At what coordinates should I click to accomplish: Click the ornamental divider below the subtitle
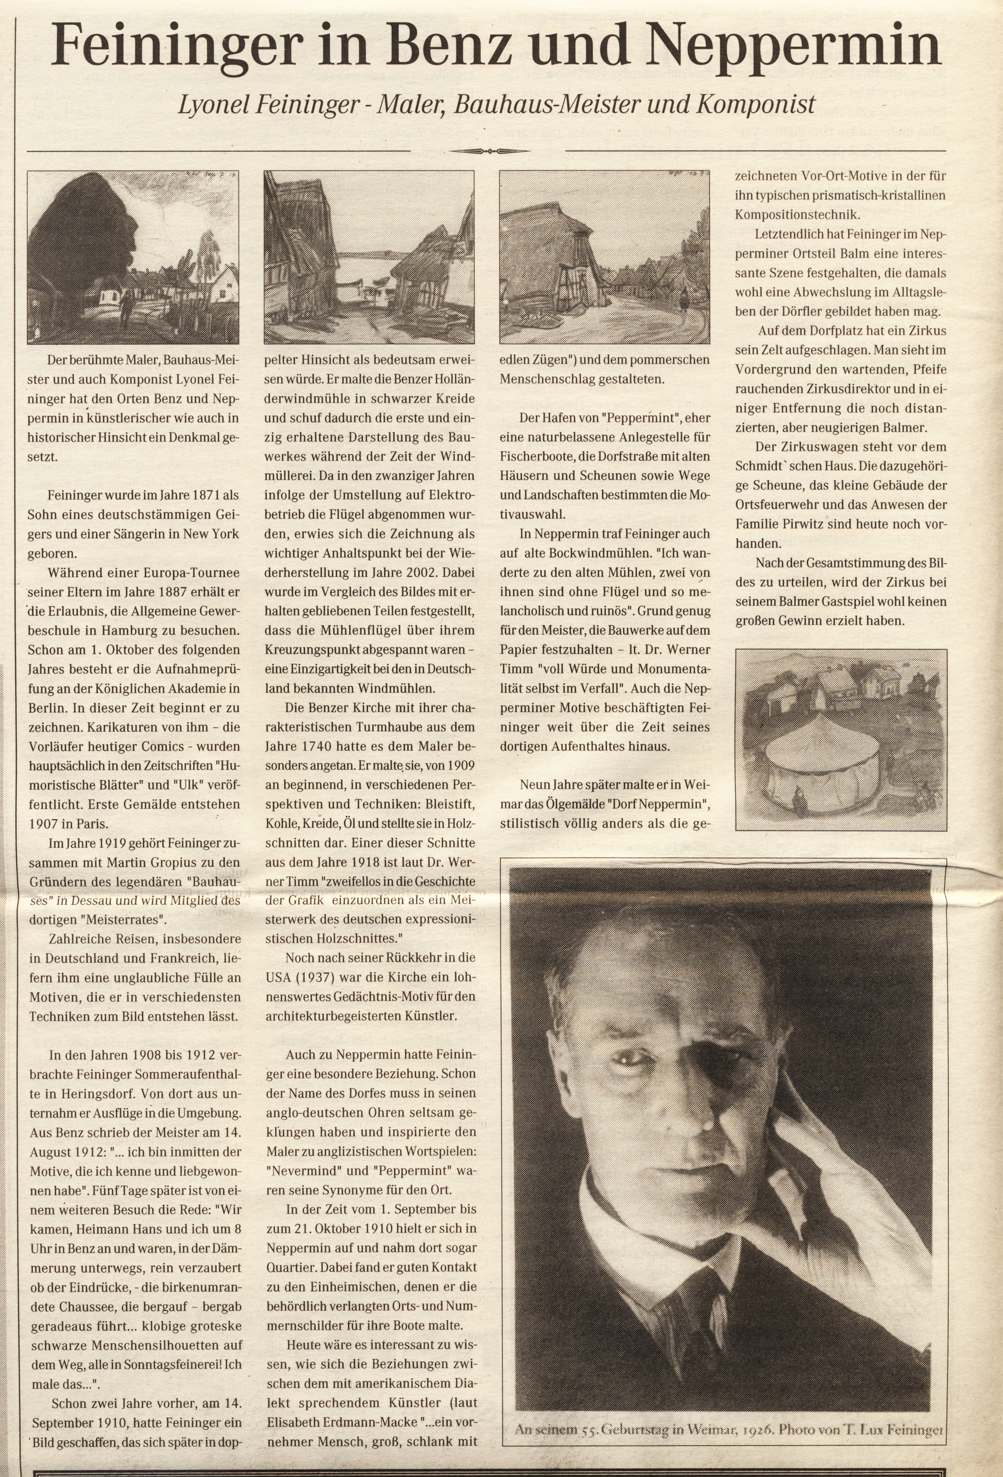(489, 151)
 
